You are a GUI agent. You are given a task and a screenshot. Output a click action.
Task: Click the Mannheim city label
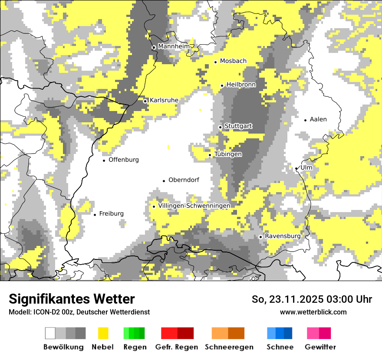174,46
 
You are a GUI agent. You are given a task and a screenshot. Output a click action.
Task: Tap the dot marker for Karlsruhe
145,101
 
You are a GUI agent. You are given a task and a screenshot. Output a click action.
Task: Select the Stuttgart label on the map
238,126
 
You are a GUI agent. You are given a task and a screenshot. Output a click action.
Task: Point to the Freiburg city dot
95,215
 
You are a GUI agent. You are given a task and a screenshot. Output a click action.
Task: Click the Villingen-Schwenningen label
194,206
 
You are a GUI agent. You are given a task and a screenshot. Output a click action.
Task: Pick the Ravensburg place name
283,236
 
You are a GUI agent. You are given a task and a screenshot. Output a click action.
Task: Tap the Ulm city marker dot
296,169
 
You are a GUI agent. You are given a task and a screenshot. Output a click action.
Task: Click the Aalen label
318,119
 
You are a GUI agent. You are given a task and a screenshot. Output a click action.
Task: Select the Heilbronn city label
241,85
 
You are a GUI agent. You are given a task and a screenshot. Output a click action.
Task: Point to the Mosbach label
233,61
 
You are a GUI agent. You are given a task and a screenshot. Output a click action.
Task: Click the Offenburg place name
124,160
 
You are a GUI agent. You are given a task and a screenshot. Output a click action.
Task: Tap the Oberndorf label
184,180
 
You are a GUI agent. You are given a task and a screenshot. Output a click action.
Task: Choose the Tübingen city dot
210,155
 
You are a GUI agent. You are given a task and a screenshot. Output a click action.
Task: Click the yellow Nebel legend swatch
103,333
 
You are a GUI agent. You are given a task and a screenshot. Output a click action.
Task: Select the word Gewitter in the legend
320,347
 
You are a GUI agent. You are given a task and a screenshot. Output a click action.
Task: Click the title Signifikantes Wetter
72,299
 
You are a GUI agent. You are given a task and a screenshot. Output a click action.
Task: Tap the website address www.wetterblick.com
313,312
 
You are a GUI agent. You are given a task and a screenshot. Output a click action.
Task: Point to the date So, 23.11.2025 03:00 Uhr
312,299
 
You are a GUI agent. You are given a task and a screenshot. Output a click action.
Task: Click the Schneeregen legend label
229,347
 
